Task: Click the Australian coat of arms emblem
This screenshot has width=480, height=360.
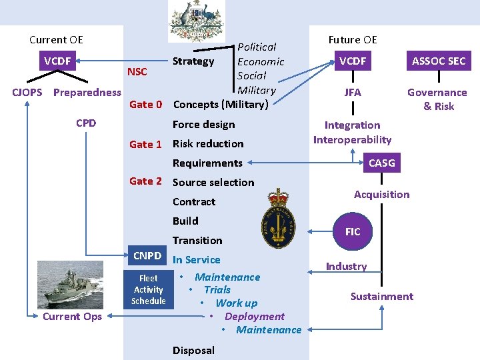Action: tap(197, 22)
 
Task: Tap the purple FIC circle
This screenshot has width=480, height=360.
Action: tap(353, 231)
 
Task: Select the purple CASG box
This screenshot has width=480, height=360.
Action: tap(381, 163)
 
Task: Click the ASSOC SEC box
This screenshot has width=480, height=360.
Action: tap(439, 61)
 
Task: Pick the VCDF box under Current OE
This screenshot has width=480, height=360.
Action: tap(57, 61)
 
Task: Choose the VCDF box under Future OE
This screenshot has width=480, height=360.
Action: tap(353, 61)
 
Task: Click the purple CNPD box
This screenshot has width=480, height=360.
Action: tap(147, 255)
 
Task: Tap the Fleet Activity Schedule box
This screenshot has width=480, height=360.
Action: tap(148, 289)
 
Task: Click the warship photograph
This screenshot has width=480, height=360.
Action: tap(71, 283)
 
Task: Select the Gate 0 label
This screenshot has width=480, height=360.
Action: tap(145, 104)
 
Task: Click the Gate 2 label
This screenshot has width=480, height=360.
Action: tap(145, 181)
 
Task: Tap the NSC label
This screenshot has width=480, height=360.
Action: tap(137, 71)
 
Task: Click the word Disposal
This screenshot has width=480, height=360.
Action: tap(193, 350)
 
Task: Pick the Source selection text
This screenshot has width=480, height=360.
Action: tap(213, 182)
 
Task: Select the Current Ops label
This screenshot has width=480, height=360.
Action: tap(72, 316)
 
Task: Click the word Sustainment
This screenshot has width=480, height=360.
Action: tap(382, 296)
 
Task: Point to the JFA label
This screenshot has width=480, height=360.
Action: tap(353, 92)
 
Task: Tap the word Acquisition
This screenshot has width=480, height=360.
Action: tap(381, 194)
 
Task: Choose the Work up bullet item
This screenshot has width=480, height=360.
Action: tap(236, 303)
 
